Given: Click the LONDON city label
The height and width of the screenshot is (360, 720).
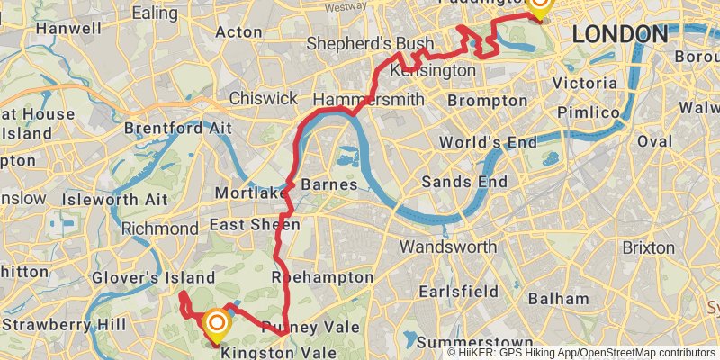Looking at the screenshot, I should click(x=620, y=35).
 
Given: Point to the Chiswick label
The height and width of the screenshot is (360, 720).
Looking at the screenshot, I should click(x=263, y=97).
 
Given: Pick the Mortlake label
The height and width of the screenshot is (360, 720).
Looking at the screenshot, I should click(x=252, y=193).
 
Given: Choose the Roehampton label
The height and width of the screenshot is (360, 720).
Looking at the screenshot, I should click(x=322, y=277).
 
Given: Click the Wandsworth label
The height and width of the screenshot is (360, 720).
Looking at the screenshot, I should click(x=448, y=246).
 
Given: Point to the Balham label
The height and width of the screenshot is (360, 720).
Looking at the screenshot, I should click(x=557, y=298).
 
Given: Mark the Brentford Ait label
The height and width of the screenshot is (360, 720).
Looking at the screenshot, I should click(x=178, y=129).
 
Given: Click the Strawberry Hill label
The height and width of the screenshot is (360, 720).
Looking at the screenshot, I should click(x=55, y=323).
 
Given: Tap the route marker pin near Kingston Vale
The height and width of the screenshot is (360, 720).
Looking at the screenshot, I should click(x=217, y=325).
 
